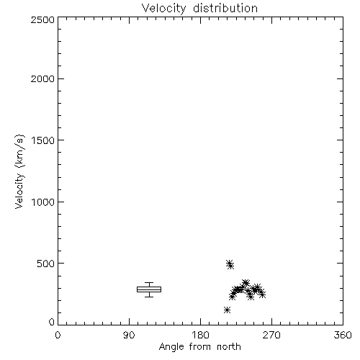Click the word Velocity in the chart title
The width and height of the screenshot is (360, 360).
(163, 9)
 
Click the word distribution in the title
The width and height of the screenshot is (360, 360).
(225, 8)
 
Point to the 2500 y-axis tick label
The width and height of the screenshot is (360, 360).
(42, 19)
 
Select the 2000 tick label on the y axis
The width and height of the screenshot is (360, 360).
(42, 78)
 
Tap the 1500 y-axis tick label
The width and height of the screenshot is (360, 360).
(43, 140)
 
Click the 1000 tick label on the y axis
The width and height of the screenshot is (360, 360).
(43, 202)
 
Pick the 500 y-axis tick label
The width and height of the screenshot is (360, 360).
(46, 264)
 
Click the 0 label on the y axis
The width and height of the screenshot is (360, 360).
(52, 322)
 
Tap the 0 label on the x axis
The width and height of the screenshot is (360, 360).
(58, 335)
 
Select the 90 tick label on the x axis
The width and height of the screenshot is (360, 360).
(129, 335)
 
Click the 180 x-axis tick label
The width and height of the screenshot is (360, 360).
(200, 335)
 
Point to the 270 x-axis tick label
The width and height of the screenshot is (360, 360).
(271, 335)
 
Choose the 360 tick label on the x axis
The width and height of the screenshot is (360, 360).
(343, 335)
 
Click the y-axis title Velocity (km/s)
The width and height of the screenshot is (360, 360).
(19, 171)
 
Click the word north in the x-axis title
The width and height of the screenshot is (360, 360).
(229, 347)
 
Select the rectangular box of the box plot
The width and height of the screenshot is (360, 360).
(149, 287)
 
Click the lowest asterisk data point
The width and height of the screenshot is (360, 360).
(227, 310)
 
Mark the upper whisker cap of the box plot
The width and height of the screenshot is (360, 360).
(149, 283)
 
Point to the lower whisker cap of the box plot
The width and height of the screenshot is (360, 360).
(149, 297)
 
